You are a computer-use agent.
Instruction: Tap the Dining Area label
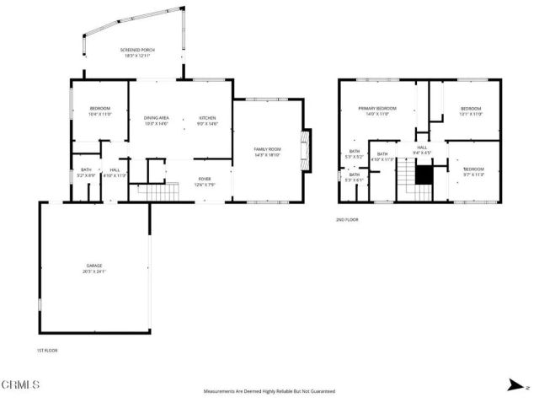click(157, 117)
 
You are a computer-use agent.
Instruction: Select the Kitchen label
click(207, 117)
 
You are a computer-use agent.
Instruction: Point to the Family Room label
click(266, 150)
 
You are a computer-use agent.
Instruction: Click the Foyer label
click(205, 179)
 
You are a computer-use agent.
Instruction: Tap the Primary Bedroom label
click(376, 108)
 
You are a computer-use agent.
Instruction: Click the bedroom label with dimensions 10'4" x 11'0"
click(100, 109)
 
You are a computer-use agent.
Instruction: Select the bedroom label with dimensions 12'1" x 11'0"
click(471, 108)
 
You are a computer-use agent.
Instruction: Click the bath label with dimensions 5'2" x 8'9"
click(86, 171)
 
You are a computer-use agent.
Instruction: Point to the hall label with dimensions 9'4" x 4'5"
click(423, 149)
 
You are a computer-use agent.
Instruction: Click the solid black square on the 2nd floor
click(424, 174)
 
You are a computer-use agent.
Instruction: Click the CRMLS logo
click(22, 384)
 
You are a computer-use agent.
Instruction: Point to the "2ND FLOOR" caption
click(347, 219)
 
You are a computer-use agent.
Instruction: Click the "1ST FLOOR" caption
click(46, 350)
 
